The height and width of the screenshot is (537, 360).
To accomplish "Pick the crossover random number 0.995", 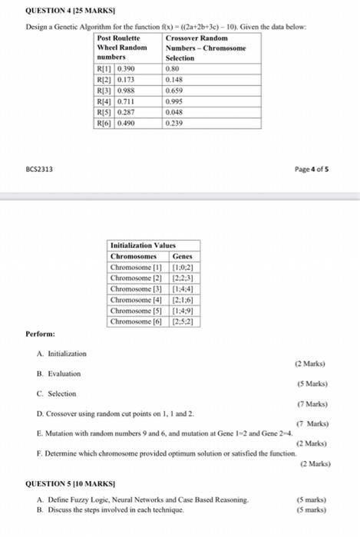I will point(176,100).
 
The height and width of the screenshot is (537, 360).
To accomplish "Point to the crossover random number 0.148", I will point(176,78).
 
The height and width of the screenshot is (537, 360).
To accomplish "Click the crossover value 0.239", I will point(176,121).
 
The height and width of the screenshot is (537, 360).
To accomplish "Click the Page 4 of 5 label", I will point(333,169).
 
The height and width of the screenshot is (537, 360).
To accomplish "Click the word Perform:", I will point(40,334).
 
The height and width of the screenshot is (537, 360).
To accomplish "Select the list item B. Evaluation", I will point(58,373).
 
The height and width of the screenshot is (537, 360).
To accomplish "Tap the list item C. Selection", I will point(56,393).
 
